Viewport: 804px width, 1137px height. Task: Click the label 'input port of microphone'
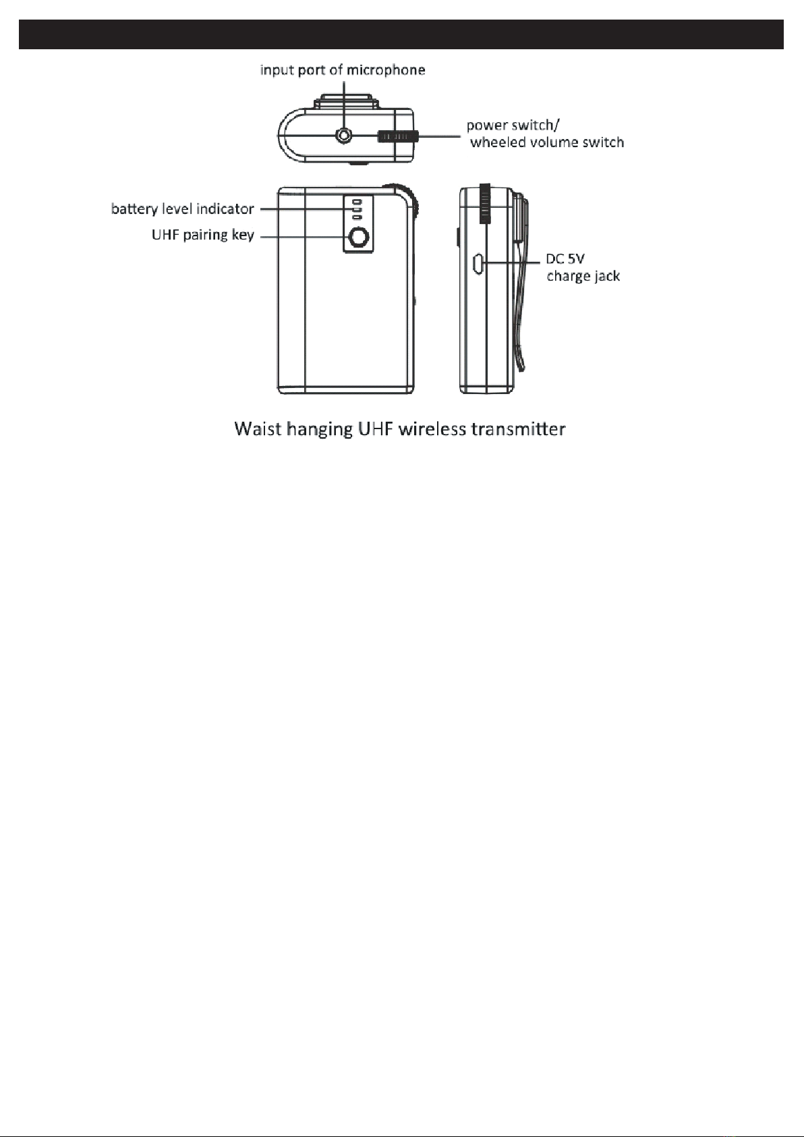pyautogui.click(x=343, y=70)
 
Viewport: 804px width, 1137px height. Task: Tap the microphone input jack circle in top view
pyautogui.click(x=345, y=136)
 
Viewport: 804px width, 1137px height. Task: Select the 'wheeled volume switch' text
pyautogui.click(x=547, y=142)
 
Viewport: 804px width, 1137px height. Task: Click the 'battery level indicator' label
pyautogui.click(x=182, y=209)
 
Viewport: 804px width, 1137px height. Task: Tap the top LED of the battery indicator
pyautogui.click(x=357, y=201)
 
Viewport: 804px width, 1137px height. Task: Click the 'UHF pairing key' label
pyautogui.click(x=202, y=236)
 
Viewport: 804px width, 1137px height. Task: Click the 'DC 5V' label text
pyautogui.click(x=565, y=260)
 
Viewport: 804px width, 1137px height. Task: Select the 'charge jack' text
pyautogui.click(x=583, y=276)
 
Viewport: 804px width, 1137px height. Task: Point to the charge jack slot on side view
pyautogui.click(x=476, y=263)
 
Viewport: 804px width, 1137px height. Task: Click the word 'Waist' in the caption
pyautogui.click(x=257, y=429)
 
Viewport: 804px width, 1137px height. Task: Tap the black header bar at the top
pyautogui.click(x=401, y=34)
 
